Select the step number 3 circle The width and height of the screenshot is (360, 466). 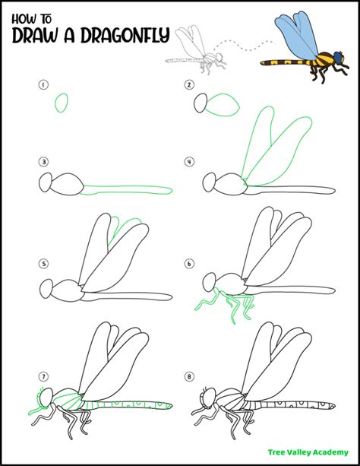click(44, 162)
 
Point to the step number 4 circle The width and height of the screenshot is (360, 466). click(188, 162)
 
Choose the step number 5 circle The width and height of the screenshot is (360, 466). click(44, 265)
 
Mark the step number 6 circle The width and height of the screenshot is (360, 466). click(188, 265)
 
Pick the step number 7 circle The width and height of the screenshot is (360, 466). click(44, 376)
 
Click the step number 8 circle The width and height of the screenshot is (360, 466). click(188, 376)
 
